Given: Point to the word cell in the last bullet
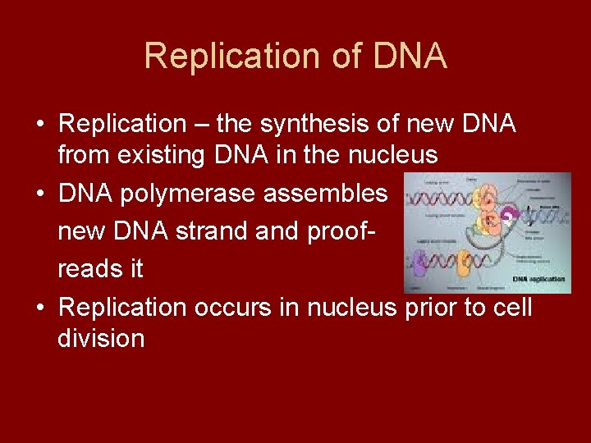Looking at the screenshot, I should [x=515, y=307].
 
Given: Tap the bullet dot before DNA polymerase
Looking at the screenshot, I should [x=40, y=194].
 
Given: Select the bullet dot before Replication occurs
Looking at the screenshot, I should [x=40, y=308].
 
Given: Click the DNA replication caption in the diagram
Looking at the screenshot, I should [x=538, y=280].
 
